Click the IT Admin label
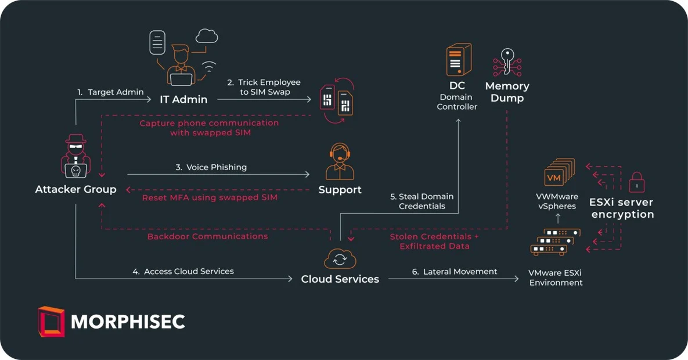coord(183,99)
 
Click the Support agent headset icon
coord(340,162)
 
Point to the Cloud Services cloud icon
coord(340,258)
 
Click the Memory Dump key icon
coord(507,63)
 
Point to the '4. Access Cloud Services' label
coord(183,271)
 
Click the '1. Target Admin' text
coord(110,92)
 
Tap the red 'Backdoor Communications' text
coord(207,236)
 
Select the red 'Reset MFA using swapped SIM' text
coord(210,197)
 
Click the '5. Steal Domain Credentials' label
coord(422,201)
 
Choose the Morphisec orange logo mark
coord(51,322)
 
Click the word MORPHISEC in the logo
coord(128,322)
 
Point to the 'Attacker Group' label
coord(75,189)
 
